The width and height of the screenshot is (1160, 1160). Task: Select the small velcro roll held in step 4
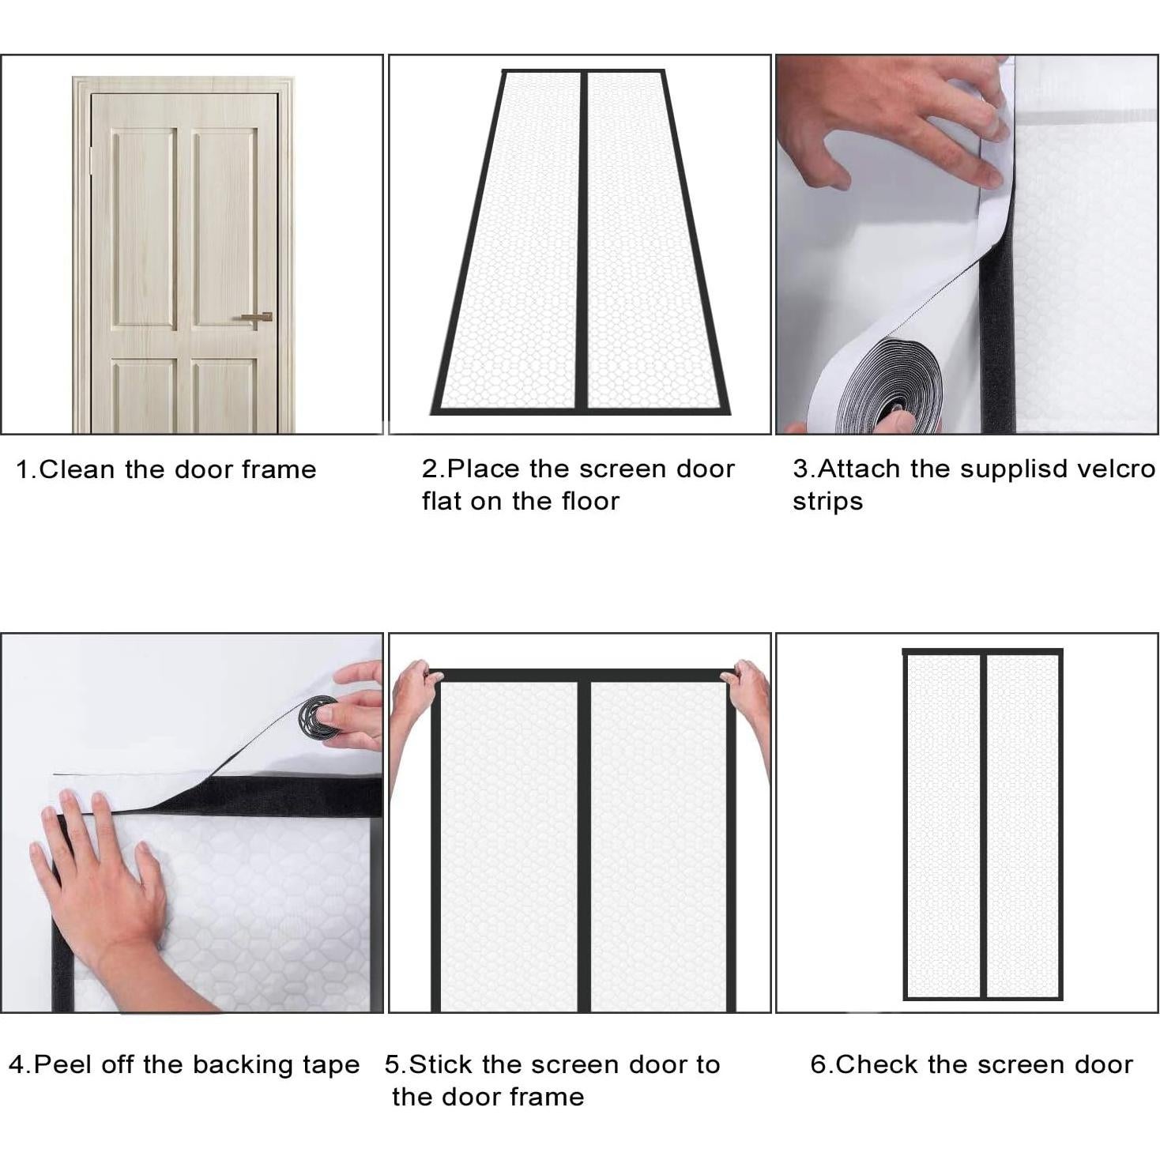tap(319, 716)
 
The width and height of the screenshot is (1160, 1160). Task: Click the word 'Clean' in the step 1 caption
tap(77, 469)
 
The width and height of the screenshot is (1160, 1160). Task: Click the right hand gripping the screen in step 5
tap(751, 695)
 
